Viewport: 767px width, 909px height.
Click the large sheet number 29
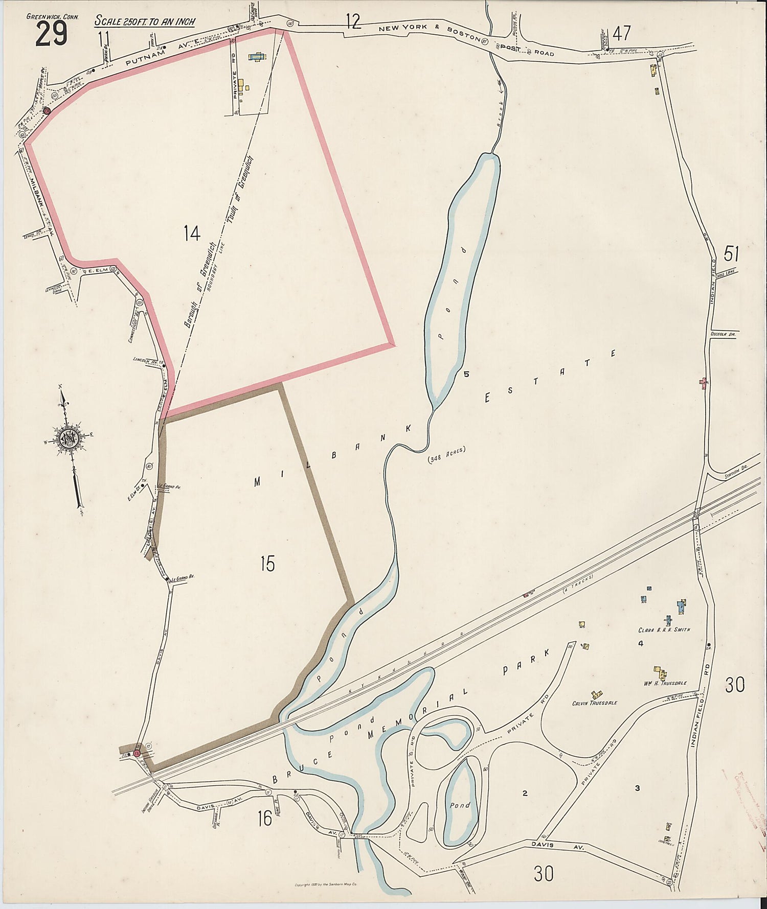pos(51,34)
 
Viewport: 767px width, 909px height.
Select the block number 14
pos(192,234)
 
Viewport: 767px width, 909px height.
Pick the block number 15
pos(267,564)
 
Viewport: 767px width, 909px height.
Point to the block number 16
pos(264,819)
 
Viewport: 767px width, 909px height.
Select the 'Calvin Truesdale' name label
pos(595,703)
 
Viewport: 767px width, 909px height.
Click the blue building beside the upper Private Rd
pos(254,57)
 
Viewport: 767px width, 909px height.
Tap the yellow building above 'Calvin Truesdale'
pos(596,694)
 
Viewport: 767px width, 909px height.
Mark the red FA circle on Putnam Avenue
pos(47,110)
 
